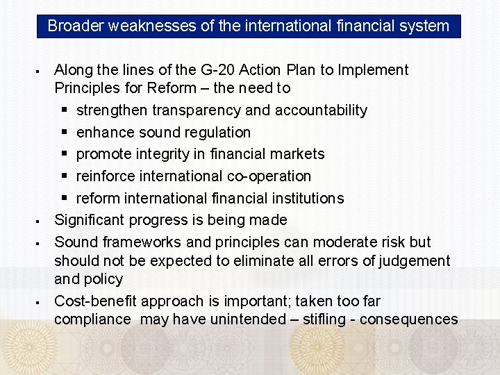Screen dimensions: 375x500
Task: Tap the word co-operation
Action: [269, 176]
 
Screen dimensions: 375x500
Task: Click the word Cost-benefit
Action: [94, 301]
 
